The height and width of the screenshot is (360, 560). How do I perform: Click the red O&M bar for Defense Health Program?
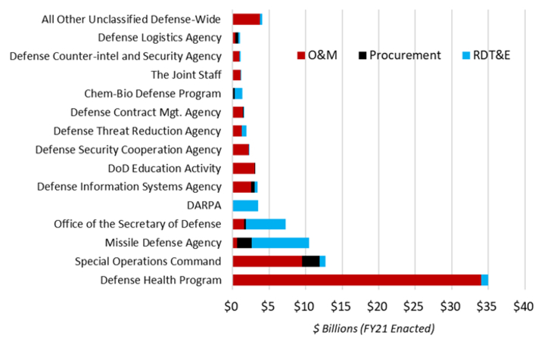[x=356, y=280]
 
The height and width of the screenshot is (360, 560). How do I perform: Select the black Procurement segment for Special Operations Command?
[x=310, y=261]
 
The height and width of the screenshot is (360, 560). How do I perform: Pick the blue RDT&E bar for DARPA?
[x=245, y=205]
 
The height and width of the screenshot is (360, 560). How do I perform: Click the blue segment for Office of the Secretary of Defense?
[x=266, y=224]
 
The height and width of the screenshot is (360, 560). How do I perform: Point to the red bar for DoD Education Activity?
[x=244, y=168]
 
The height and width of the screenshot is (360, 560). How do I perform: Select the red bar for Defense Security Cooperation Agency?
[x=241, y=149]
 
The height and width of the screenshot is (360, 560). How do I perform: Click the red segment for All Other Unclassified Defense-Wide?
[x=246, y=18]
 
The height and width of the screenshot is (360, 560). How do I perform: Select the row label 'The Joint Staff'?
[x=185, y=75]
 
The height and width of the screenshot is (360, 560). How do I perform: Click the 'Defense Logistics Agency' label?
[x=159, y=37]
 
